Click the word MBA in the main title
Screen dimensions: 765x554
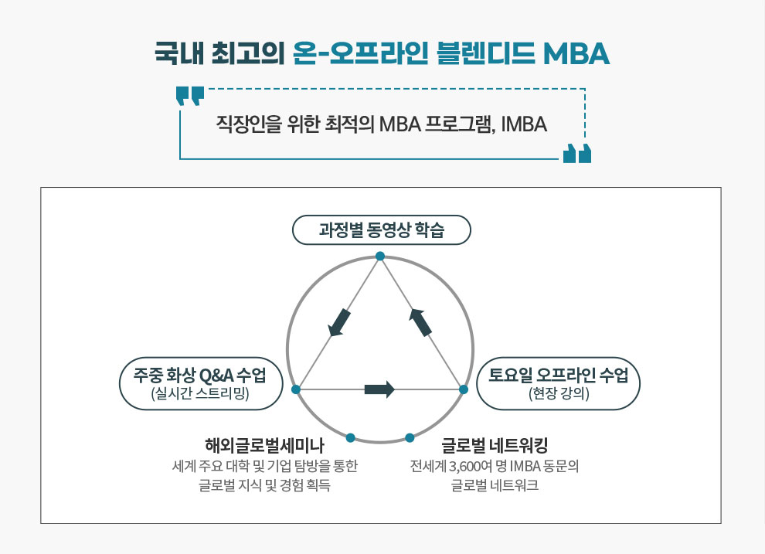576,53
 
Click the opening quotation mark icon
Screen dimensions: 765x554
190,96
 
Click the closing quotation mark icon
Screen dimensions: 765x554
576,154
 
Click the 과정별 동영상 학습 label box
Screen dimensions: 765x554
381,229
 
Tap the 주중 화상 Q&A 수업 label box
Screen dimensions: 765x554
201,383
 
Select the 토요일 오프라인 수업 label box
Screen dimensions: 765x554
558,383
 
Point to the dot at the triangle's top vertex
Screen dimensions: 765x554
380,257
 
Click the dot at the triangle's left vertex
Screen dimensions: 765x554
296,389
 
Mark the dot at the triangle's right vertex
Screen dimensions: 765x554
464,389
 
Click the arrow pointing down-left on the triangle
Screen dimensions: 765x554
339,323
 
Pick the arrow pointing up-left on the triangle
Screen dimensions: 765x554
420,322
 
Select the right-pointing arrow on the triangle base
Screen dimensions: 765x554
379,389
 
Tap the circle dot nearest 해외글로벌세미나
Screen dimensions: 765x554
350,438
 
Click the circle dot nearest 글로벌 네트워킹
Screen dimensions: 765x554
410,438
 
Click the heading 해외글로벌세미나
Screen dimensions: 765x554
264,446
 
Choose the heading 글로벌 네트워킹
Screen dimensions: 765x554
495,446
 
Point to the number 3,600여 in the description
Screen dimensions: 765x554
471,467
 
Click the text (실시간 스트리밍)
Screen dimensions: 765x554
200,393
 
